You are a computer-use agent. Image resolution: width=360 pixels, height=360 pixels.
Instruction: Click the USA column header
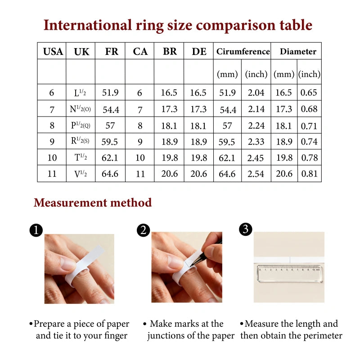53,51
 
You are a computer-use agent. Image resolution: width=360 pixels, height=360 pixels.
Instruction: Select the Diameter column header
298,51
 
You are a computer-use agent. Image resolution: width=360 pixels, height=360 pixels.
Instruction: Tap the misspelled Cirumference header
243,51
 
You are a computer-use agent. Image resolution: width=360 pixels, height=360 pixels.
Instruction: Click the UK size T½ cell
81,157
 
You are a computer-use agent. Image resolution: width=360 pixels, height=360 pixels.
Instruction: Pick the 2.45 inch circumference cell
256,158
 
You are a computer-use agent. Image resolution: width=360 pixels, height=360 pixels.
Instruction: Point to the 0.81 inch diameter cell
310,174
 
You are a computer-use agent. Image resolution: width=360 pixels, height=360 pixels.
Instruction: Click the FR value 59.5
109,142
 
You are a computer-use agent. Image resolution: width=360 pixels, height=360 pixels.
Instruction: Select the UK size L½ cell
80,93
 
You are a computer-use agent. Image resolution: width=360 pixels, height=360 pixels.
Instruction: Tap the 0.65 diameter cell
309,93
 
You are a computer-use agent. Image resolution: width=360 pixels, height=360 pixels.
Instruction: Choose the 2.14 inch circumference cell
256,109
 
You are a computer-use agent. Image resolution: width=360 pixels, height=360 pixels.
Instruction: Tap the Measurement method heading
93,202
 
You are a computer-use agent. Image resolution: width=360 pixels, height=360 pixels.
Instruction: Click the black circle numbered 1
36,230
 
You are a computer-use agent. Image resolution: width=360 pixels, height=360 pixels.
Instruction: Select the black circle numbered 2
143,230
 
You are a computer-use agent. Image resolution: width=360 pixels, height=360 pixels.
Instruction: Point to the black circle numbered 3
246,229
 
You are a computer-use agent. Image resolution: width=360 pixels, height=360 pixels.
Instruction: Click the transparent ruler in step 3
290,274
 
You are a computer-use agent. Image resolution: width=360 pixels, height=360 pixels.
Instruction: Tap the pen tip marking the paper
191,266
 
